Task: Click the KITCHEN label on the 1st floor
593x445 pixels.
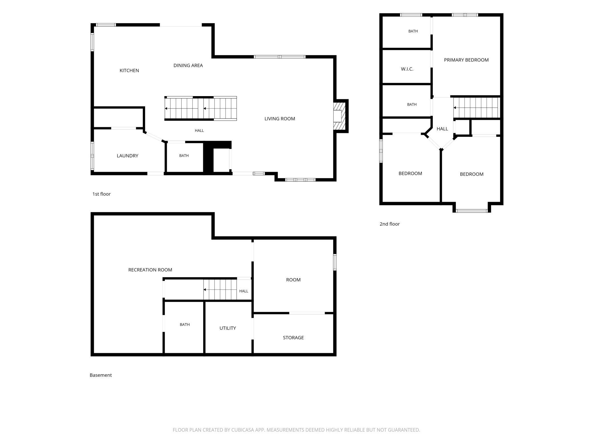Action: [129, 70]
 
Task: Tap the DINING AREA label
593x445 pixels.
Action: [188, 65]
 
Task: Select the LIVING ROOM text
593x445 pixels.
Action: [280, 119]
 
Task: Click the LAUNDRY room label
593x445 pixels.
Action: [127, 156]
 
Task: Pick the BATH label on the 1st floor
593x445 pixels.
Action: [184, 155]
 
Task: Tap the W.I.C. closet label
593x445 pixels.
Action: [407, 69]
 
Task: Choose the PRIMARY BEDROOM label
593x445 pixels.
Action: [466, 60]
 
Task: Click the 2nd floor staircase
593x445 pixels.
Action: [477, 108]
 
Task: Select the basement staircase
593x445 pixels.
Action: [220, 290]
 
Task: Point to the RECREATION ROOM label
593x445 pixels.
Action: [150, 270]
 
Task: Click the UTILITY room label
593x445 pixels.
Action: [228, 328]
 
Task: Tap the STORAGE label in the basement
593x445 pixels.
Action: [293, 337]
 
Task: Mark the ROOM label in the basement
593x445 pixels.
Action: [293, 280]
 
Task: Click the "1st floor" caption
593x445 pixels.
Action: [101, 194]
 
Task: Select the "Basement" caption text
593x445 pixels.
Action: [101, 375]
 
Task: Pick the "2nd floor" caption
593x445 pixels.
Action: [390, 224]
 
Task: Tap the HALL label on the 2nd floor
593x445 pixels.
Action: [442, 129]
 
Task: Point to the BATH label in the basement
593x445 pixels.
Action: [185, 325]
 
